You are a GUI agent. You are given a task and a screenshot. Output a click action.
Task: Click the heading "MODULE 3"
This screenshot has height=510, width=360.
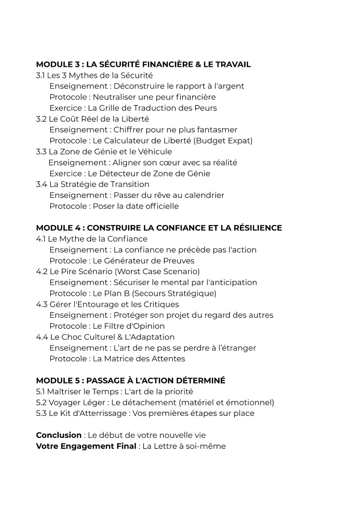click(58, 64)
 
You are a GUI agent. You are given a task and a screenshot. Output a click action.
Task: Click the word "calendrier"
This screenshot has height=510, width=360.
click(201, 195)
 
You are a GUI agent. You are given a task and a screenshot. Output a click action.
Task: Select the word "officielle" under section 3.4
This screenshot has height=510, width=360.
click(159, 206)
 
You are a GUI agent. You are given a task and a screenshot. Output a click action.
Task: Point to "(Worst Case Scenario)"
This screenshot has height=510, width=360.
click(157, 272)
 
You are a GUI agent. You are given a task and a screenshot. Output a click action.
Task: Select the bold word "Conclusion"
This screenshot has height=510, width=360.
click(59, 435)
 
